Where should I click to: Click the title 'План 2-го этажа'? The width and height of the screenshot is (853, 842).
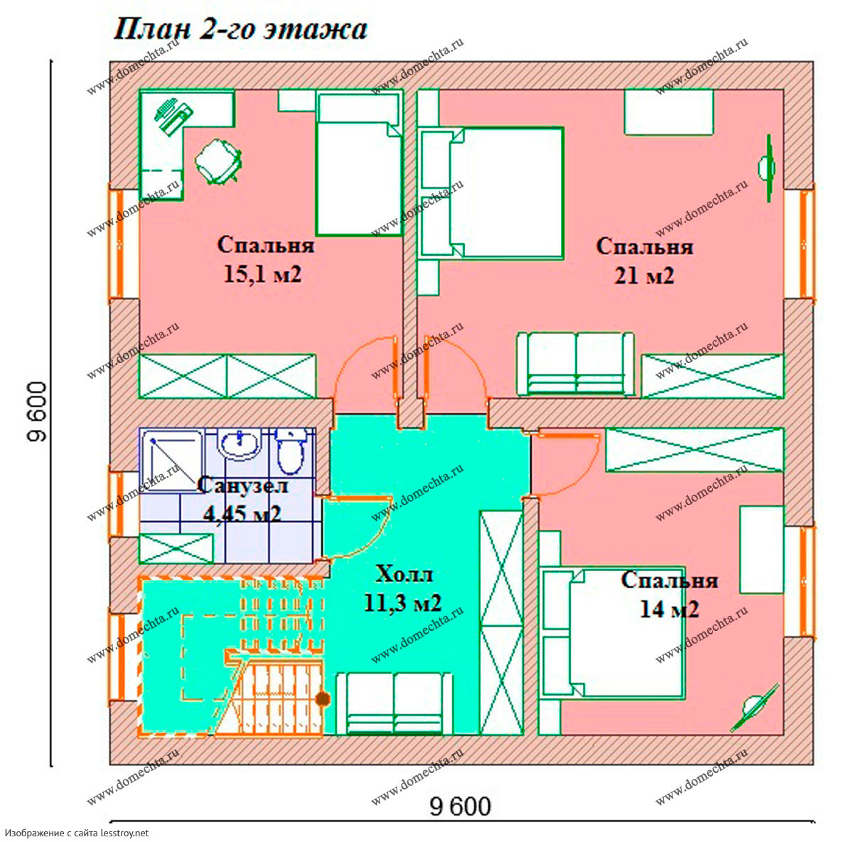[240, 30]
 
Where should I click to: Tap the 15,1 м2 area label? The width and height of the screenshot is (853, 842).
[262, 274]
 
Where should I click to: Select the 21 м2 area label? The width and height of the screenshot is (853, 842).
[644, 276]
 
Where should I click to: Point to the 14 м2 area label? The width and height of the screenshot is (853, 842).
[669, 610]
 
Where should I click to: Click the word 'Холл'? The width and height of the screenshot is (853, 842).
[404, 574]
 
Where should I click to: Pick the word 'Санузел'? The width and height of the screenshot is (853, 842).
[242, 485]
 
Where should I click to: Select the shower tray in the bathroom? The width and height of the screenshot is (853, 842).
[171, 460]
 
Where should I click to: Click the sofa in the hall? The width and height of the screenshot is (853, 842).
[395, 703]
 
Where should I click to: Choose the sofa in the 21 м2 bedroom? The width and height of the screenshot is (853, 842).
[576, 364]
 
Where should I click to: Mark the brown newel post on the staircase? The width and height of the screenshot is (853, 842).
[323, 699]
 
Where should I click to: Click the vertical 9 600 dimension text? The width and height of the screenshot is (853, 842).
[36, 412]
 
